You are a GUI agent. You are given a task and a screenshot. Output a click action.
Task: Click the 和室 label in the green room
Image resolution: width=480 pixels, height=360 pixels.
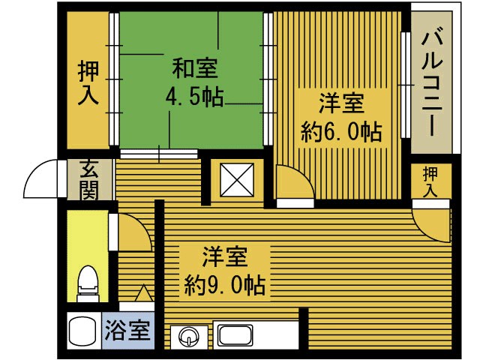pos(195,69)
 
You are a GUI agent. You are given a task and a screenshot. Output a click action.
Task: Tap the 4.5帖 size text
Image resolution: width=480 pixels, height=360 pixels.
pos(194,97)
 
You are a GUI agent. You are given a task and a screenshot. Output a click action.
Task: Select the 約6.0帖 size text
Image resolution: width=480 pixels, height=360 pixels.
pos(341,132)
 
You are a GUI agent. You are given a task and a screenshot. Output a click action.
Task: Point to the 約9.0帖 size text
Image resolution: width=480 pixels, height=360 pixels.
pos(224,285)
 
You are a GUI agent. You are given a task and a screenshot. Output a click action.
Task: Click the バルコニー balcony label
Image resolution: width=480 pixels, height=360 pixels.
pos(432,85)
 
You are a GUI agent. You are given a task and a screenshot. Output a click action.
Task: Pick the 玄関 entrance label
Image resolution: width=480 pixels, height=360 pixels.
pos(89,180)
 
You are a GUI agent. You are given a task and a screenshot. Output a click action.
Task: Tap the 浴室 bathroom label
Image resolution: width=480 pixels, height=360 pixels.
pos(127,331)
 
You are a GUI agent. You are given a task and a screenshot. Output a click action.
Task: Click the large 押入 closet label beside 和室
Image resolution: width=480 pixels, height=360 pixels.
pos(88,82)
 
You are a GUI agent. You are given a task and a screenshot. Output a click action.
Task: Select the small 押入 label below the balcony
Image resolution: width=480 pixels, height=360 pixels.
pos(430,182)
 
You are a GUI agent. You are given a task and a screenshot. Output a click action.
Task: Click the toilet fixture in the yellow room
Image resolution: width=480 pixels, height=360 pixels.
pos(88,283)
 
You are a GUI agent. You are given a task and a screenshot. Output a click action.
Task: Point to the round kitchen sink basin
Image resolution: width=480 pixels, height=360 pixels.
pos(189,337)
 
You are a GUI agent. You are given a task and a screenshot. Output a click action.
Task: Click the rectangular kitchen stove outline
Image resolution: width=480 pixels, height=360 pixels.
pos(235,335)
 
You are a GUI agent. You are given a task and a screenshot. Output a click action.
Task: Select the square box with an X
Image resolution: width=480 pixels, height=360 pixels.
pos(237,180)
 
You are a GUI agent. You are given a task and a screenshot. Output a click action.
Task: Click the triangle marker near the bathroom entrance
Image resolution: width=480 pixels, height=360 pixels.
pos(143,293)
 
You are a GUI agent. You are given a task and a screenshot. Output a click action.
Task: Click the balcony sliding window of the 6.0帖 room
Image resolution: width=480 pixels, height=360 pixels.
pos(406,85)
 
